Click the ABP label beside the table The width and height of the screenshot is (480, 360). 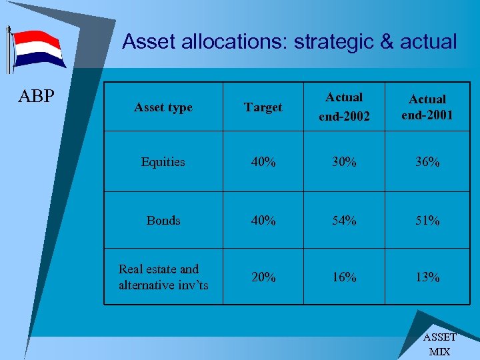click(x=37, y=97)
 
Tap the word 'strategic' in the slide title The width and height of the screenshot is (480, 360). click(x=335, y=42)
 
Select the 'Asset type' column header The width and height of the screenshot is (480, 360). click(x=163, y=107)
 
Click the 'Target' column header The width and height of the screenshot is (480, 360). click(x=263, y=107)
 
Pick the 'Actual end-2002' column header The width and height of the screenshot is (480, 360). click(x=344, y=107)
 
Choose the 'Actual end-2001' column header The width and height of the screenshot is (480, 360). click(x=427, y=107)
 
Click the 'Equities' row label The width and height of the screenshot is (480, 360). click(x=163, y=162)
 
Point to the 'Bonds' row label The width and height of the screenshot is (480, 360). click(x=163, y=221)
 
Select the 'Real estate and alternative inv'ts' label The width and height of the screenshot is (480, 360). click(x=163, y=277)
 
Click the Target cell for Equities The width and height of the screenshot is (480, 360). click(x=263, y=162)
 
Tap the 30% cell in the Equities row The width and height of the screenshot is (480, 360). click(x=344, y=162)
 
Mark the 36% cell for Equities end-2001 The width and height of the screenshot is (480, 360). click(x=427, y=162)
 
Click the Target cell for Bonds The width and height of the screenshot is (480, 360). click(x=263, y=221)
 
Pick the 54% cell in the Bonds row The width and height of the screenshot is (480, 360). click(x=344, y=221)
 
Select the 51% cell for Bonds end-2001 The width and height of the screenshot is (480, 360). click(x=427, y=221)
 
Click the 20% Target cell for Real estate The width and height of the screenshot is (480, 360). click(x=263, y=277)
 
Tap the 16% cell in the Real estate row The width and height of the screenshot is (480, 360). click(x=344, y=277)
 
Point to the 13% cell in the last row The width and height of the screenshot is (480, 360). click(x=427, y=277)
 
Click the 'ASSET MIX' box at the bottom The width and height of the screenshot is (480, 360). click(x=439, y=344)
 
